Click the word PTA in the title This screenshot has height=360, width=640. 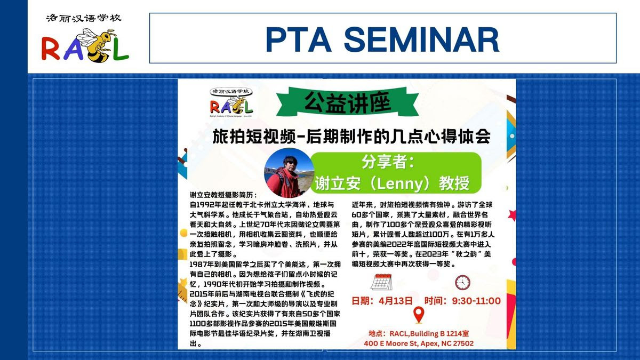point(299,39)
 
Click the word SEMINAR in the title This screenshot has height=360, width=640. point(422,39)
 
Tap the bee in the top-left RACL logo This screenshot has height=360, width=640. point(95,45)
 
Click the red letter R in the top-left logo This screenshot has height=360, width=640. point(51,49)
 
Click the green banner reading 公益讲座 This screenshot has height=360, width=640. point(347,102)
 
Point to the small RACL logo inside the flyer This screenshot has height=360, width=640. point(231,102)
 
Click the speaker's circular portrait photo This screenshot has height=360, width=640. point(289,173)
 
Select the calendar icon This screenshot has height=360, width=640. point(381,282)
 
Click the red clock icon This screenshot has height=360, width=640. point(462,283)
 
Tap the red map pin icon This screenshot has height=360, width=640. point(419,315)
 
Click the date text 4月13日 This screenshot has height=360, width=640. point(396,301)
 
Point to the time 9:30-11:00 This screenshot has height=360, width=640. point(476,301)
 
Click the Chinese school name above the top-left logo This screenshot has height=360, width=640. point(84,18)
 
